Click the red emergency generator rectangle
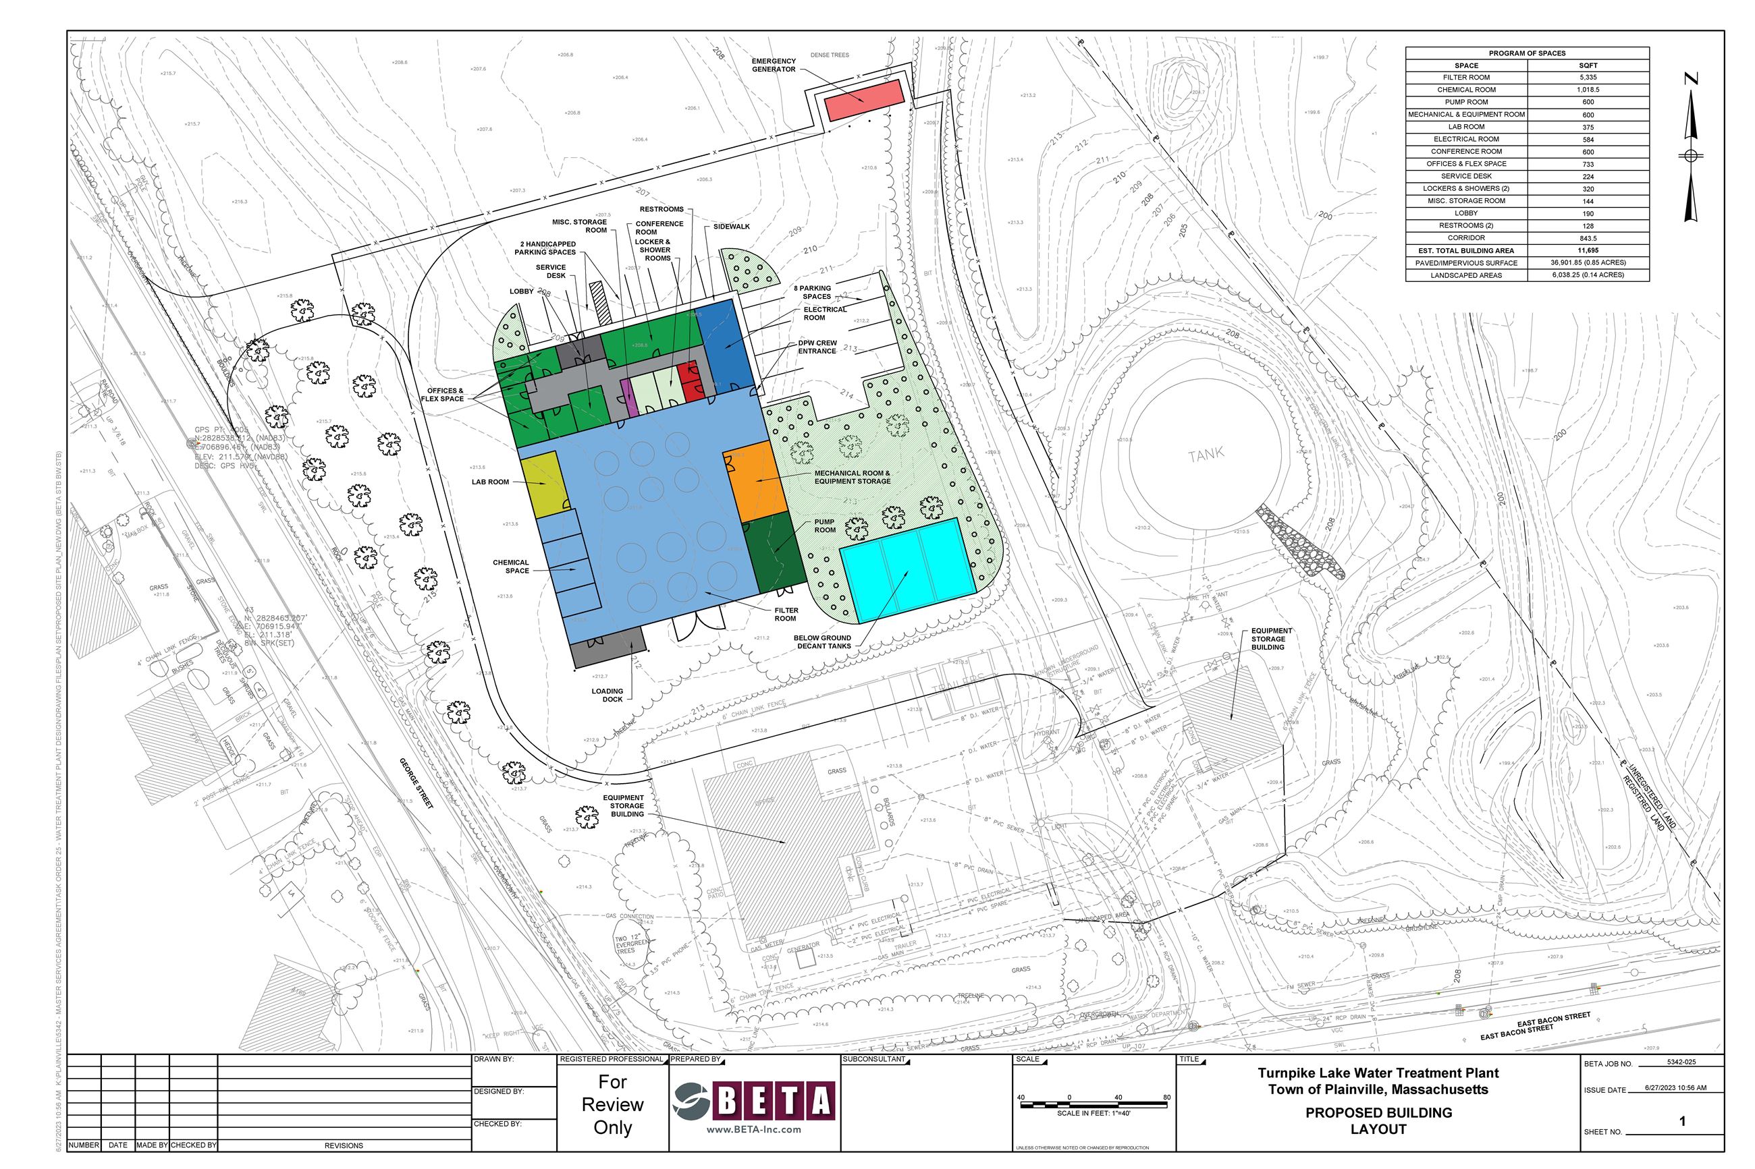(864, 100)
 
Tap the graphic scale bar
(1093, 1105)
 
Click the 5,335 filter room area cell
(1588, 78)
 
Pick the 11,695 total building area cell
(1588, 250)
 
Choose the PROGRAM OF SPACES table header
(1527, 53)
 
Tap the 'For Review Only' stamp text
(612, 1104)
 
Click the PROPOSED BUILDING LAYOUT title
(1378, 1120)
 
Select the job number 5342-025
(1681, 1062)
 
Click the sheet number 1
(1682, 1121)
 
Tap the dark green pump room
(777, 552)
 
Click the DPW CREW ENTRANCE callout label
(817, 347)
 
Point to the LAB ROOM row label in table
(1465, 127)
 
